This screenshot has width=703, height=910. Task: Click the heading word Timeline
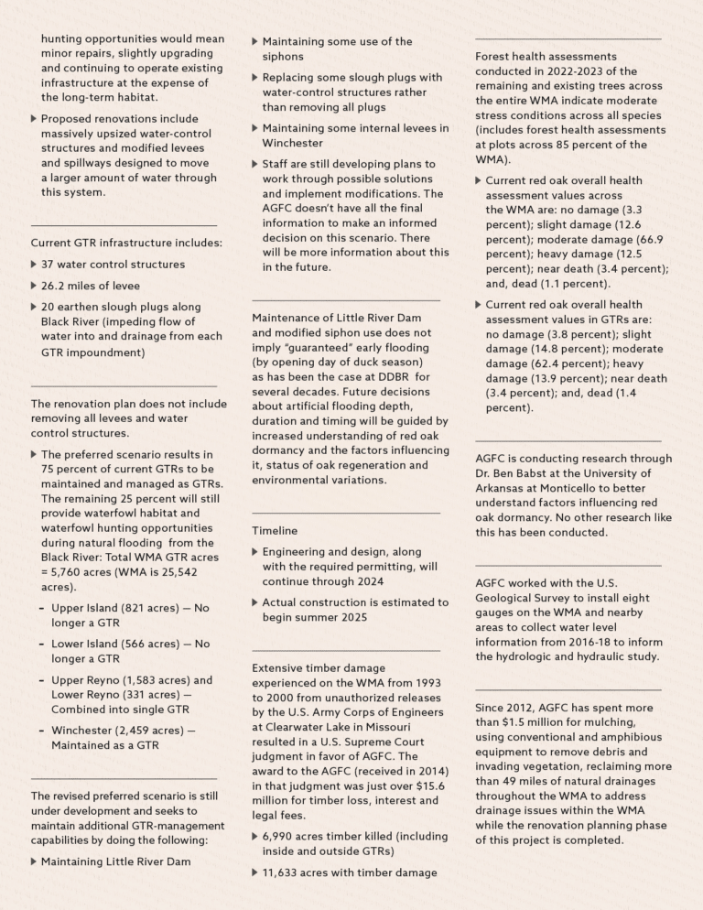[274, 530]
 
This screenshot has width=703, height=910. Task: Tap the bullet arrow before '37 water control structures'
[35, 265]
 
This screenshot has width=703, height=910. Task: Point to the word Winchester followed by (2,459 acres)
[85, 730]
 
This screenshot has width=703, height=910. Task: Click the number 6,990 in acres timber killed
[280, 837]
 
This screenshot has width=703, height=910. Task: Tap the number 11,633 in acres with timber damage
[284, 872]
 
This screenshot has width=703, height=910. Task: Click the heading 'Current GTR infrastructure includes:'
[113, 243]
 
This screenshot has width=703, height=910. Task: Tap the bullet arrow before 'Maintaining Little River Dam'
[35, 861]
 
